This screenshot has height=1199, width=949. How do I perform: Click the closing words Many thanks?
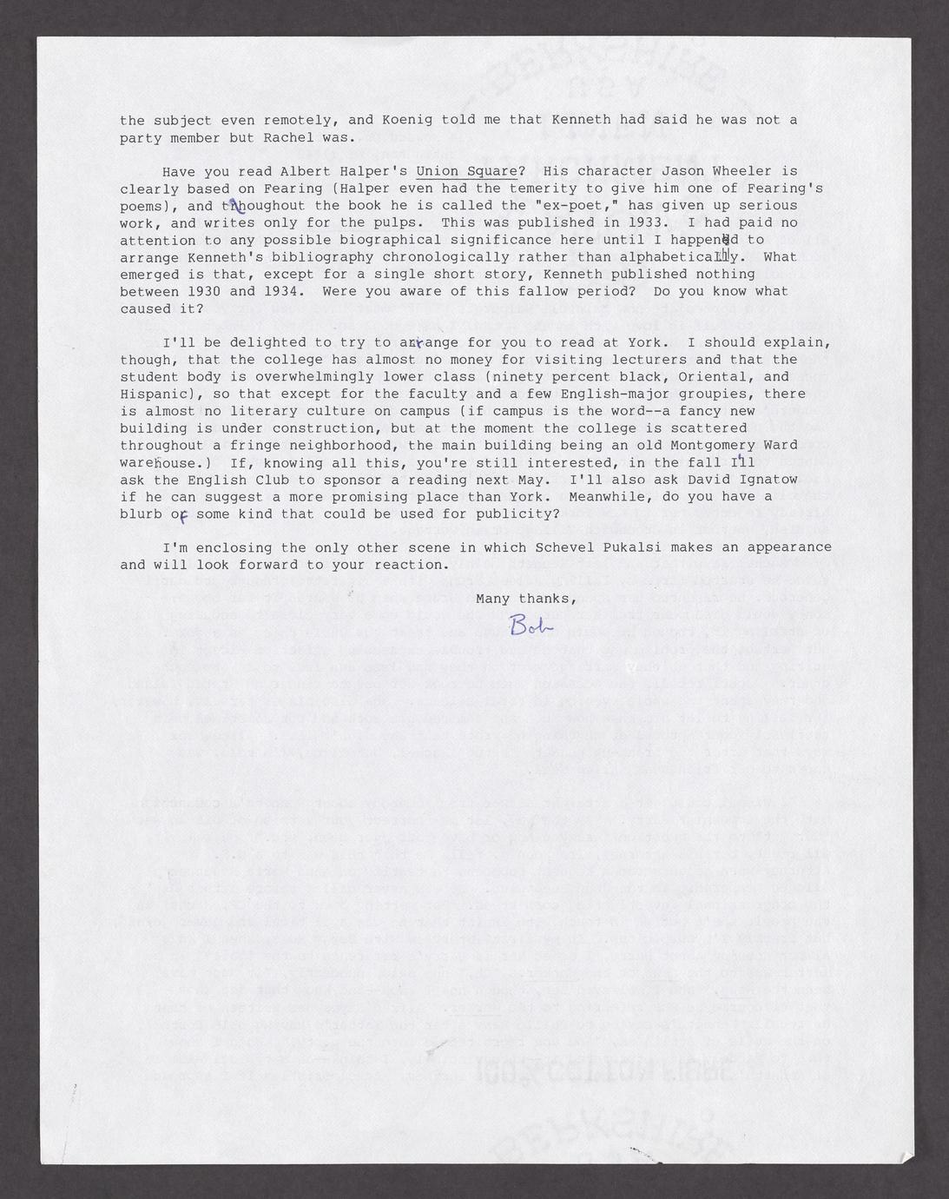tap(526, 599)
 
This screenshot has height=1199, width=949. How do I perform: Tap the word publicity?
tap(514, 513)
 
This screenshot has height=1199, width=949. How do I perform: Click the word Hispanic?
tap(153, 394)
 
